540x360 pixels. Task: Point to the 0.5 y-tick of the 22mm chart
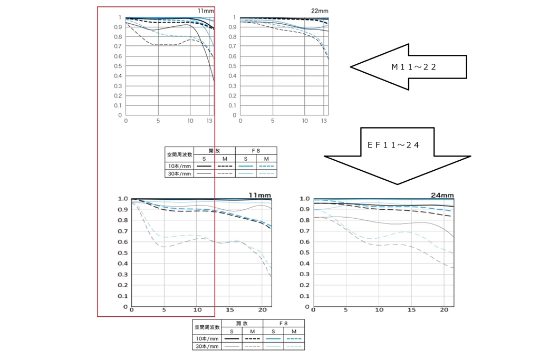(x=233, y=66)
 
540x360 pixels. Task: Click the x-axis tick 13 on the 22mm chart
(x=324, y=121)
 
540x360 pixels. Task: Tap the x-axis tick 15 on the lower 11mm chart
(x=229, y=310)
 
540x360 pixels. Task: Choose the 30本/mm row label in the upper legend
(x=179, y=173)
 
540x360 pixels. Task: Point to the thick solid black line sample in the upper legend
(x=205, y=166)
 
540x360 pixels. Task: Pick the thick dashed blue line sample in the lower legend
(x=294, y=338)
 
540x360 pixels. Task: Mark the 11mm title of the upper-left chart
(x=206, y=11)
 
